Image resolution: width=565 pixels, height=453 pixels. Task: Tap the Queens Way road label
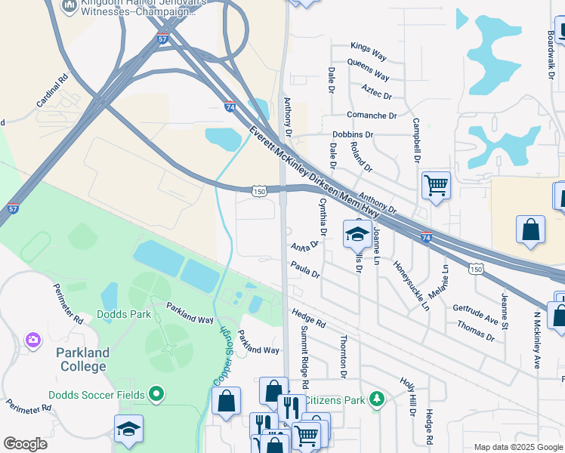pos(368,72)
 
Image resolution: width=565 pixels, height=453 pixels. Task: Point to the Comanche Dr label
pos(372,116)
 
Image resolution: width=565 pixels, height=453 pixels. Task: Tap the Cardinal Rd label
pos(52,90)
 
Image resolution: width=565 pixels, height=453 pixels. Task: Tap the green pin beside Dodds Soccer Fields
pos(156,393)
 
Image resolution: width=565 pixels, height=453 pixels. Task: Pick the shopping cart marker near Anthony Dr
pos(436,184)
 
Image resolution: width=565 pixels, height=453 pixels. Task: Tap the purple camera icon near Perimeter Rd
pos(32,341)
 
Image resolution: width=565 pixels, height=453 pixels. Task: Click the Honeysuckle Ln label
pos(411,286)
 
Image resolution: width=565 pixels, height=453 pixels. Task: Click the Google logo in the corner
pos(25,443)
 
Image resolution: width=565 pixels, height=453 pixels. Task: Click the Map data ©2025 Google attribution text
pos(517,447)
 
